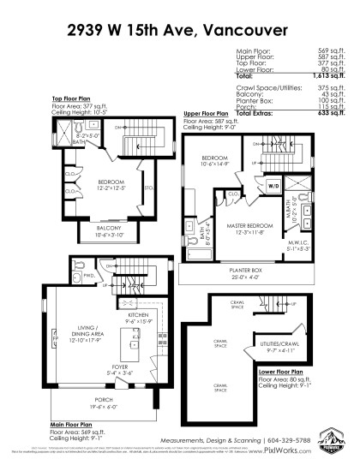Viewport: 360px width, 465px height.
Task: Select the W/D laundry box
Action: pos(274,185)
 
